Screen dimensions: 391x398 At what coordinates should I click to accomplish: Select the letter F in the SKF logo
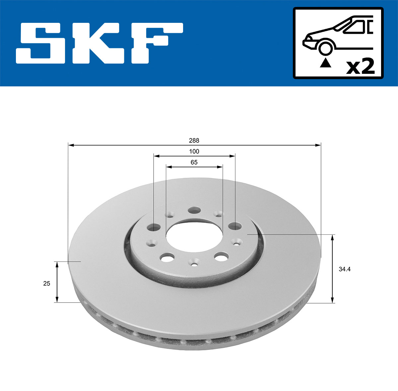click(x=156, y=43)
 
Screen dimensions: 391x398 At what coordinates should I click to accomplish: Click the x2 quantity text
click(x=360, y=67)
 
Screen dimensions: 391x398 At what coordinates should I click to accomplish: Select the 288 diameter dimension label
click(x=194, y=140)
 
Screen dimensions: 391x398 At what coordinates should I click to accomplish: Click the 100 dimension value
click(x=194, y=151)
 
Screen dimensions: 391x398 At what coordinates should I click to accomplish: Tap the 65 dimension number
click(x=194, y=162)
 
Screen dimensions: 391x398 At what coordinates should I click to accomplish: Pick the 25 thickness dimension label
click(x=46, y=283)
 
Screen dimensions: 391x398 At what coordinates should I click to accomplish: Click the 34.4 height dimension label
click(x=345, y=269)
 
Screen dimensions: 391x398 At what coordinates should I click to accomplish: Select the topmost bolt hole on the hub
click(x=194, y=210)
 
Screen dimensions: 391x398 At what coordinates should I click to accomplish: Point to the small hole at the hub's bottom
click(x=194, y=264)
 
